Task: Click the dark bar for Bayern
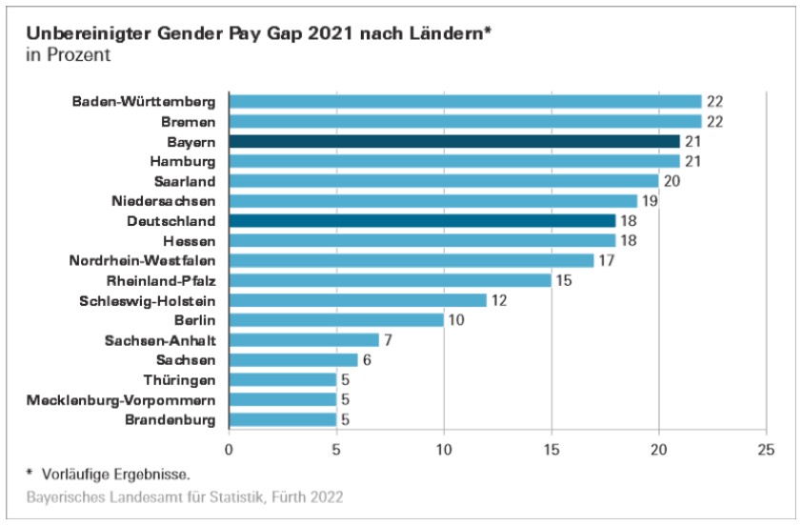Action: click(454, 141)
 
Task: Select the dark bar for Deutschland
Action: click(422, 221)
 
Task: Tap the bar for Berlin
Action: click(336, 320)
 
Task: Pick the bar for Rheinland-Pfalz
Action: click(390, 280)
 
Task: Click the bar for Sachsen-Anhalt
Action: click(304, 340)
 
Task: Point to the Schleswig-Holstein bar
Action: click(357, 300)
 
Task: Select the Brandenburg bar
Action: click(283, 419)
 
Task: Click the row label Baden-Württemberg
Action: click(145, 102)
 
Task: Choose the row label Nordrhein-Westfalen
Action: click(143, 260)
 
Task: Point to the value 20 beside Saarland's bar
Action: click(672, 181)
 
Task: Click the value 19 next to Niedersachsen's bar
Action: click(651, 201)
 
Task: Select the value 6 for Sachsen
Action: click(368, 360)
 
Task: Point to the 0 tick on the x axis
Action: click(230, 449)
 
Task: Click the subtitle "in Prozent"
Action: click(70, 55)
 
